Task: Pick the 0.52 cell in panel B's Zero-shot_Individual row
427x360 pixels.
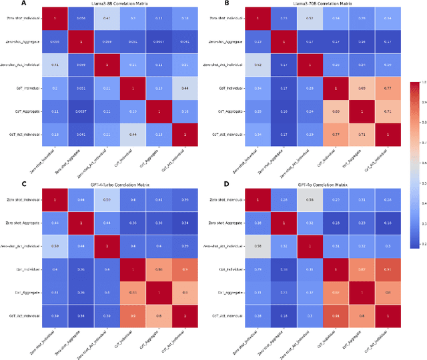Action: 309,18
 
